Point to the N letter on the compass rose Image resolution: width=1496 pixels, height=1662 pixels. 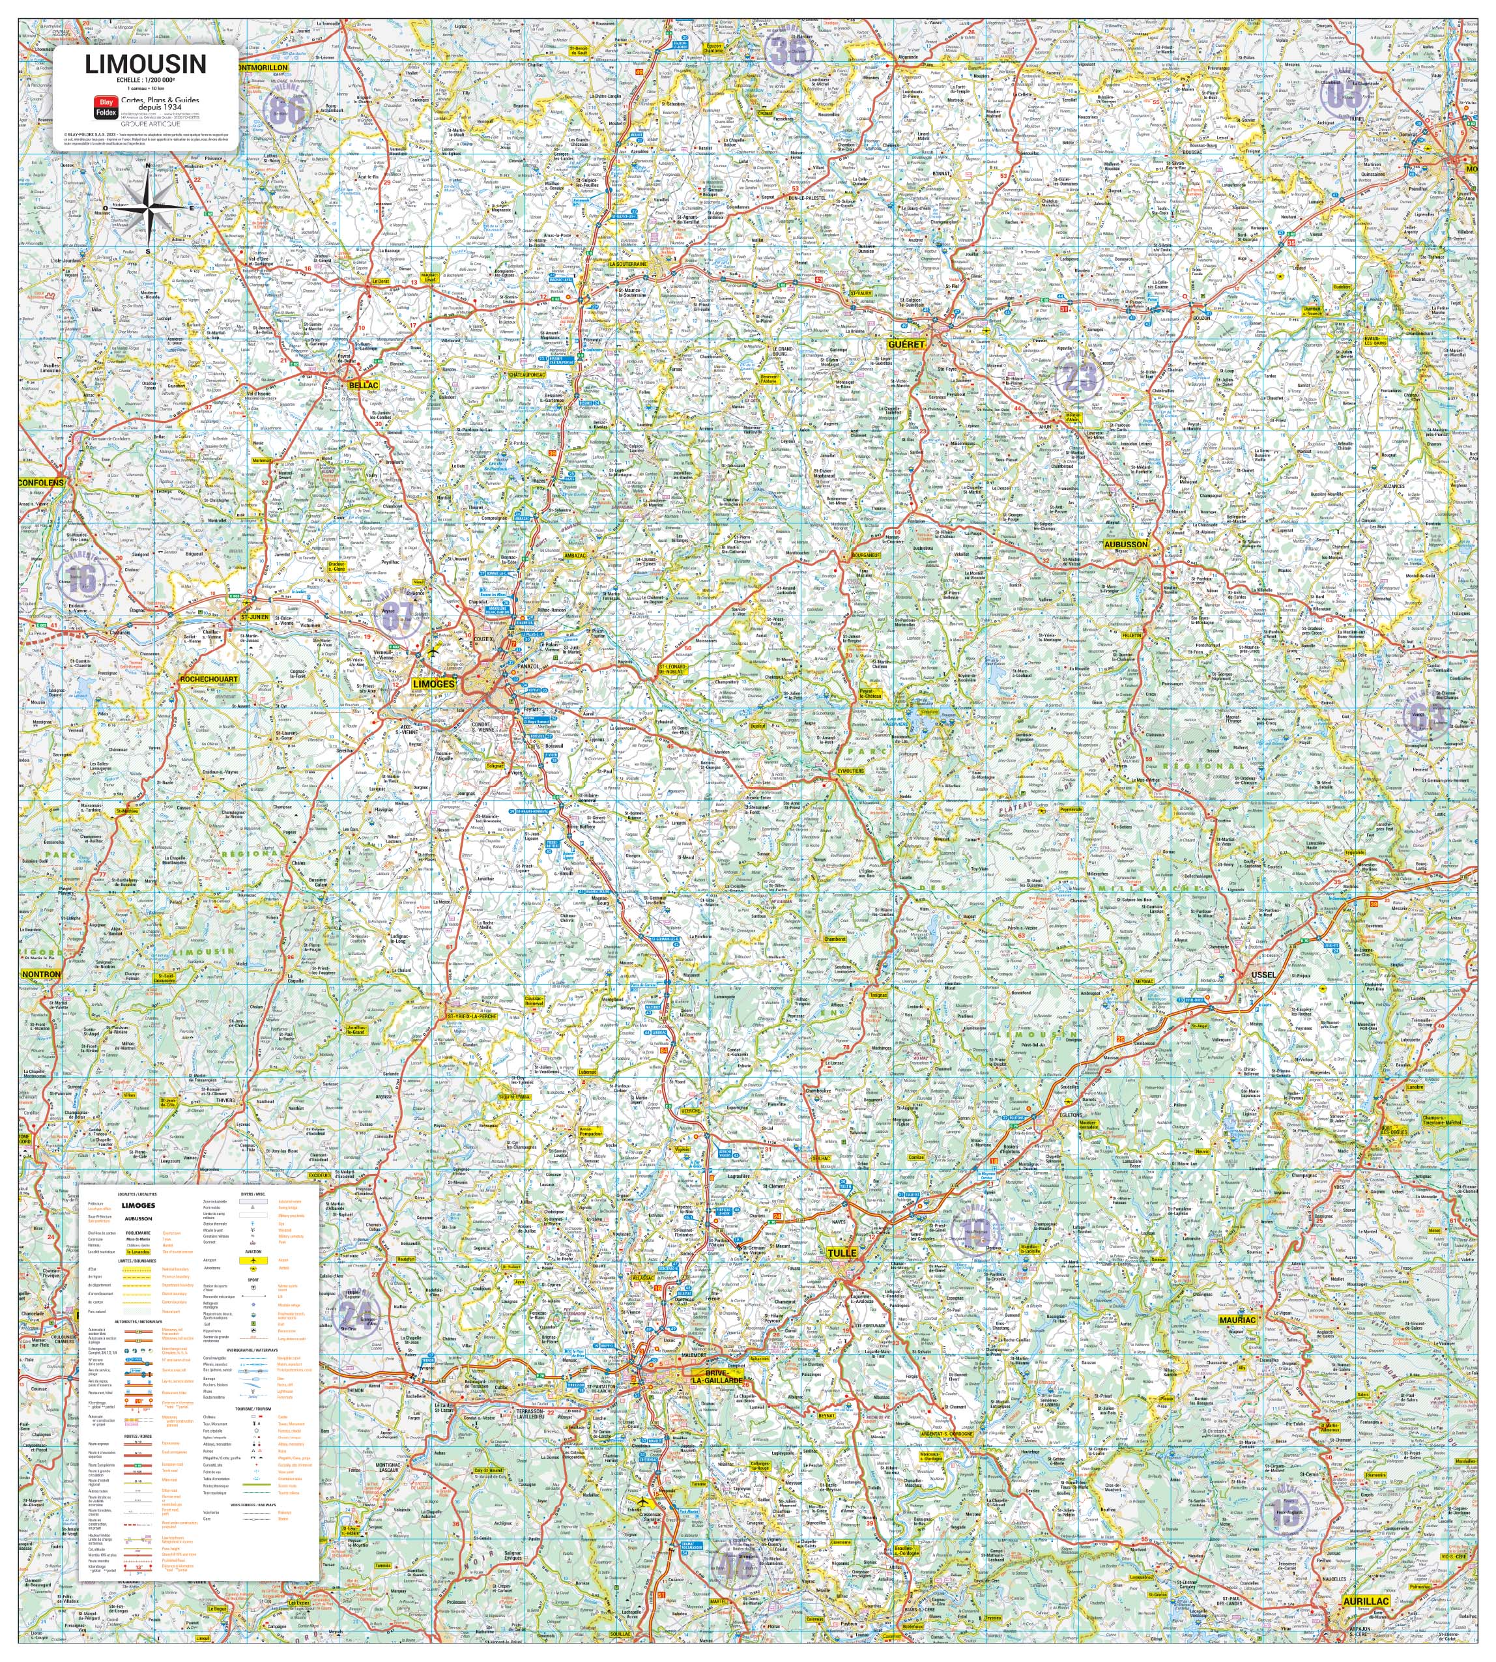click(148, 165)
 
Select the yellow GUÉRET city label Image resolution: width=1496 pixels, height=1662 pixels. click(906, 345)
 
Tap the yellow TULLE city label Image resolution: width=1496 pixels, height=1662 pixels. click(842, 1253)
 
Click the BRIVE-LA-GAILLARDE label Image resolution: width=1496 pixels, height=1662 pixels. click(717, 1377)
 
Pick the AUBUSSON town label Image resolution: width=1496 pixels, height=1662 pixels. click(1125, 545)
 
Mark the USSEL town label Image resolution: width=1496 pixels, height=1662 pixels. click(1263, 975)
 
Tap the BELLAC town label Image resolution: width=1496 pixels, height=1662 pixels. click(364, 384)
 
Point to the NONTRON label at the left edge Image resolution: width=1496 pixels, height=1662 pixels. click(41, 974)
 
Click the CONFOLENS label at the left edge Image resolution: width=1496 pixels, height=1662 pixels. click(41, 483)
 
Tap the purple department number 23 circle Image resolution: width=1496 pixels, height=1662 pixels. click(1078, 377)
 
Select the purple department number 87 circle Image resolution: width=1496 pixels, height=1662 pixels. click(399, 616)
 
